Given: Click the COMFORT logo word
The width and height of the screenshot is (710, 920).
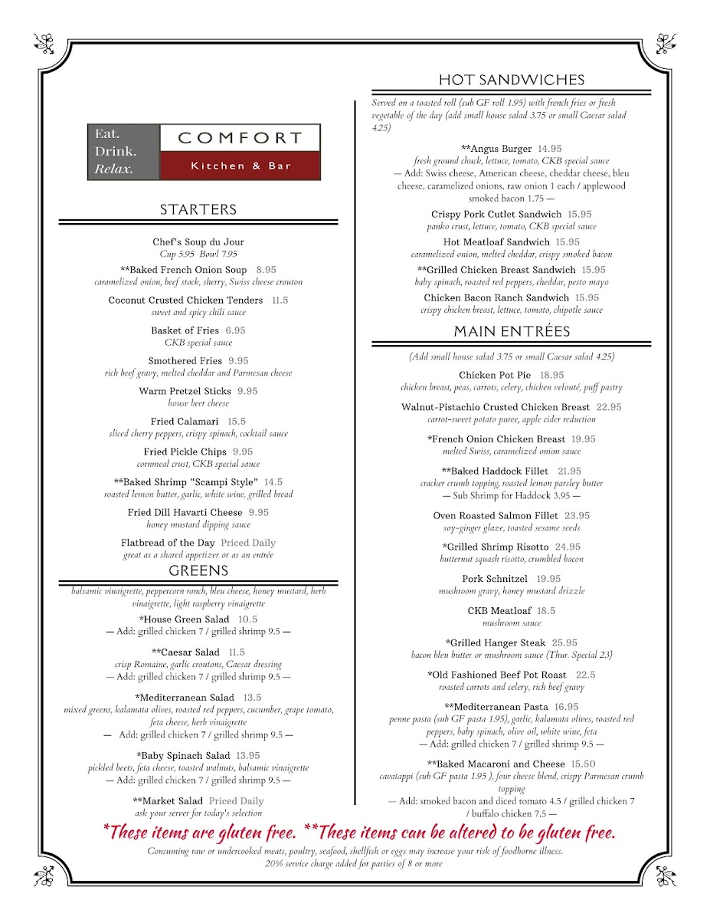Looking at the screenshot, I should [x=240, y=138].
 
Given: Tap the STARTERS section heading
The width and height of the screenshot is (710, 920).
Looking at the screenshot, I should [x=198, y=209].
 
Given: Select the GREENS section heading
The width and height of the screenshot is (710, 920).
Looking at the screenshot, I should [x=198, y=570].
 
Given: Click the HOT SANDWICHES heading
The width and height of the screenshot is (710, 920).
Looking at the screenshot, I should [x=512, y=80].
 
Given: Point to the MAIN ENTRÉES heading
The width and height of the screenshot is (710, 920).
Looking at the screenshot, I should [x=512, y=331].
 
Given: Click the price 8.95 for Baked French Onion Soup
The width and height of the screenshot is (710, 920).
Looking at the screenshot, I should [x=267, y=270].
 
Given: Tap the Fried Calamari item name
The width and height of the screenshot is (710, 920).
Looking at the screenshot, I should [x=185, y=422].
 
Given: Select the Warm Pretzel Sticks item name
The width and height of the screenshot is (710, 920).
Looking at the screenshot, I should [x=185, y=391].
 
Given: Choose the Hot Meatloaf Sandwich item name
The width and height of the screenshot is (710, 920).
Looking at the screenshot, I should [x=496, y=242].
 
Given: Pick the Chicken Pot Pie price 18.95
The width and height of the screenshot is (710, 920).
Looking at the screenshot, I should [x=551, y=375].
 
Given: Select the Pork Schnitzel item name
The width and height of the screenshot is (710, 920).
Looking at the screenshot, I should [x=495, y=579].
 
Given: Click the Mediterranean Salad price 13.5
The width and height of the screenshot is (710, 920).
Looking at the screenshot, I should [x=252, y=698].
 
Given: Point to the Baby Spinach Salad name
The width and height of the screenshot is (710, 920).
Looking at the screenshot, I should [x=184, y=755].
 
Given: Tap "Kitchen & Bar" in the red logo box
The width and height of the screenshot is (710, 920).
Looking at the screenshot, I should [x=240, y=166].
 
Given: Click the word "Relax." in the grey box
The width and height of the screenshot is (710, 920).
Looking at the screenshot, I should [x=113, y=169].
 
